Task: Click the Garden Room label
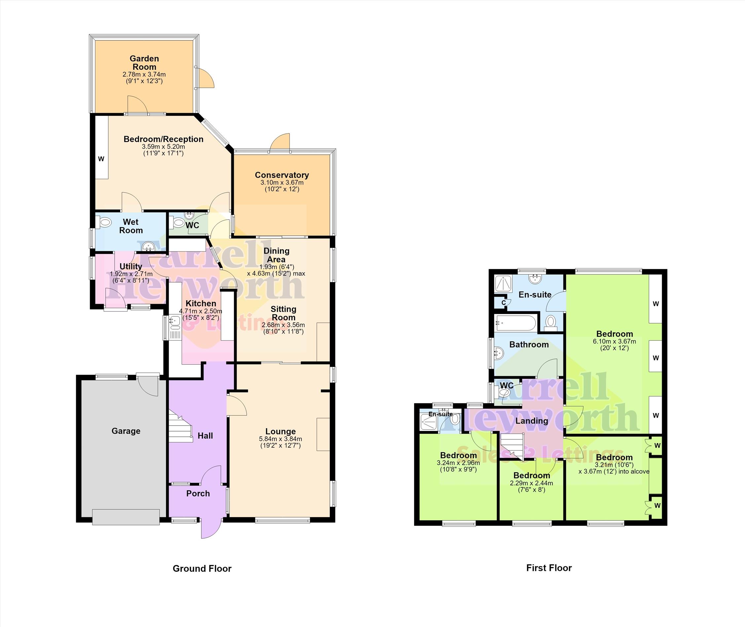144,62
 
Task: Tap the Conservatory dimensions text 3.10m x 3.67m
282,182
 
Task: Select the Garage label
126,431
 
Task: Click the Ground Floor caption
202,568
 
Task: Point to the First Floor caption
549,568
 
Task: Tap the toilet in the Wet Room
104,223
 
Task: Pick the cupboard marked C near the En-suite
503,302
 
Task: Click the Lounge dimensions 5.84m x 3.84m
280,439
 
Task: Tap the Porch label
198,493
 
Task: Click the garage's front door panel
126,517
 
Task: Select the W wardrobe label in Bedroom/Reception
101,159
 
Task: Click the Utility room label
131,266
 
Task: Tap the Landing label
532,421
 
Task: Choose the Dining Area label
276,255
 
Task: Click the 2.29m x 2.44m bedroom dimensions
531,483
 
